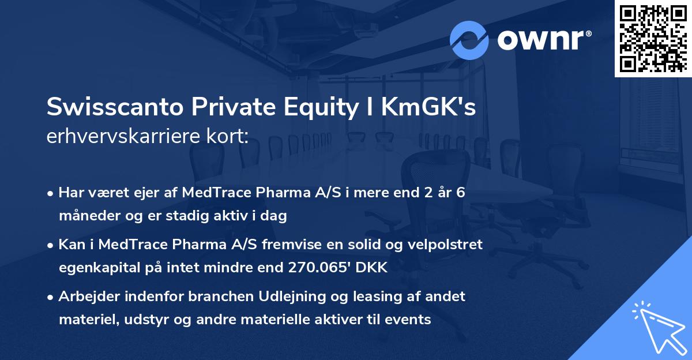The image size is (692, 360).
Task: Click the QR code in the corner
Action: (x=653, y=39)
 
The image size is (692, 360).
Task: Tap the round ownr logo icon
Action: (x=469, y=40)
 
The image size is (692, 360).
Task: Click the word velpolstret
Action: (x=443, y=245)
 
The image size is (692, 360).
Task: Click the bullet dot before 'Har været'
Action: (x=51, y=194)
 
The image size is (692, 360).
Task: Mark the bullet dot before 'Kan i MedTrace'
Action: (x=51, y=245)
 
